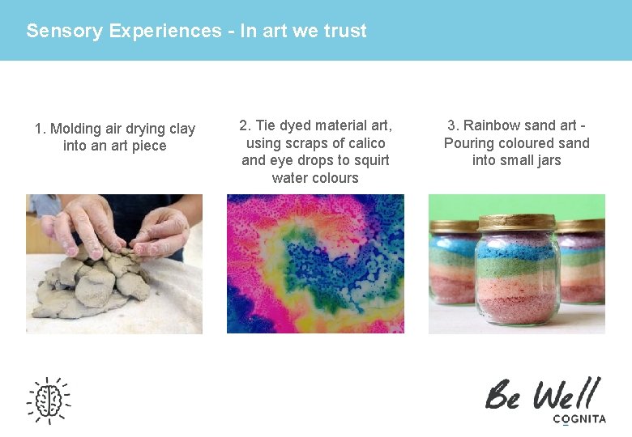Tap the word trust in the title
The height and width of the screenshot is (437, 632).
tap(345, 32)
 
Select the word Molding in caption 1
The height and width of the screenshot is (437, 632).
tap(75, 129)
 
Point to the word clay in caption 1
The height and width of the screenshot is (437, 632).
tap(181, 129)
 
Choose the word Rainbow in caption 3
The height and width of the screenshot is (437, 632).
tap(496, 125)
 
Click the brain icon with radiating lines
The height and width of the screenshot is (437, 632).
tap(49, 399)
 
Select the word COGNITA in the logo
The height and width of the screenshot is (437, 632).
tap(579, 419)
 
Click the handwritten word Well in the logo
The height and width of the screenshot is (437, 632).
tap(566, 395)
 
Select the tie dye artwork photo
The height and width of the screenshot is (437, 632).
tap(315, 264)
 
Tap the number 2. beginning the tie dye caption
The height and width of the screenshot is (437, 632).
tap(245, 125)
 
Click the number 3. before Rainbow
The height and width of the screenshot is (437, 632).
tap(453, 125)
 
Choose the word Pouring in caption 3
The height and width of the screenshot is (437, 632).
tap(468, 143)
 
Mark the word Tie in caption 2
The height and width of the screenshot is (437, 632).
tap(266, 125)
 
